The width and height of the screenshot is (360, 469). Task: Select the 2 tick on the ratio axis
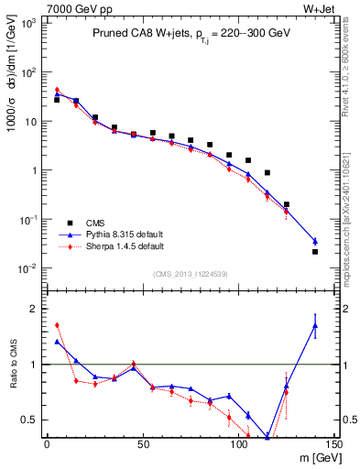36,309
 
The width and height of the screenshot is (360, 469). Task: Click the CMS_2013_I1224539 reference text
190,274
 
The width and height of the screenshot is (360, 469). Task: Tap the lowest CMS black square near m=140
315,252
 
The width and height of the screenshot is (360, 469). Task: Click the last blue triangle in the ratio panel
315,325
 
